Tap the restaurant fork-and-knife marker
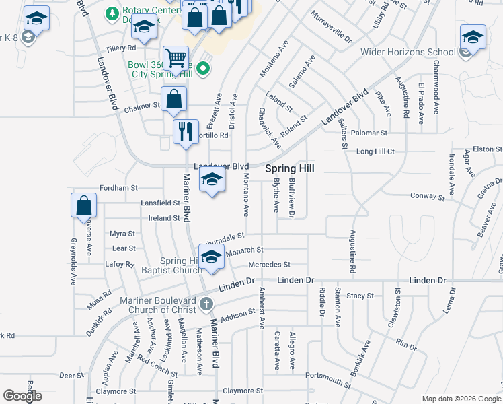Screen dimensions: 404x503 point(186,131)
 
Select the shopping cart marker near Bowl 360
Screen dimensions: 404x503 point(176,58)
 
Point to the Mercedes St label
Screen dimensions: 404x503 point(269,265)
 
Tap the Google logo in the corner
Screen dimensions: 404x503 point(22,396)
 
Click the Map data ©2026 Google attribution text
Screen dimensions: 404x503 point(461,399)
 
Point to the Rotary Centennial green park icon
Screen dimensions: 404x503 point(111,12)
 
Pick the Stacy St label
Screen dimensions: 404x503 point(360,296)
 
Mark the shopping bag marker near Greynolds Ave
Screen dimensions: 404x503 point(83,205)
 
